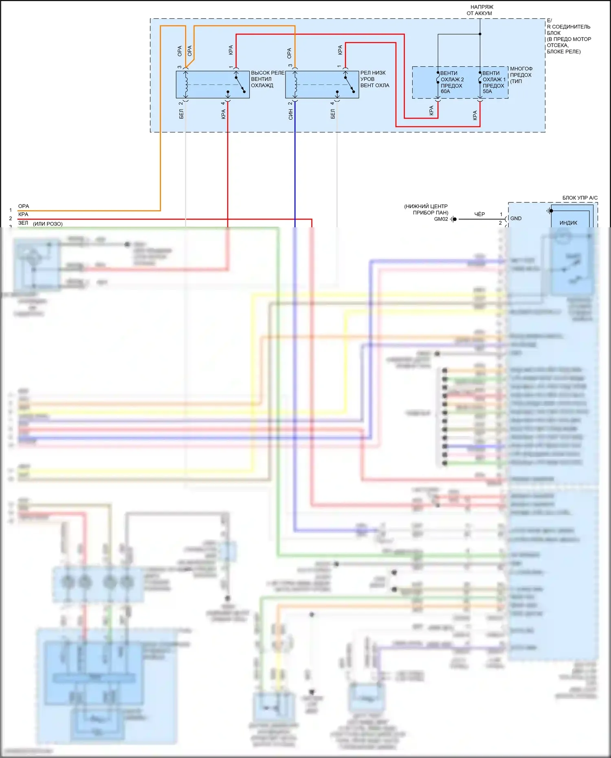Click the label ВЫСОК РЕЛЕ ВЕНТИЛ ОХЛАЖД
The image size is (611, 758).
point(267,79)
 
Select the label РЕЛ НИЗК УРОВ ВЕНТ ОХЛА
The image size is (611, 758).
point(374,79)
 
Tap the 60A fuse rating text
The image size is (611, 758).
point(445,92)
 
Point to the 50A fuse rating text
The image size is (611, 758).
point(487,92)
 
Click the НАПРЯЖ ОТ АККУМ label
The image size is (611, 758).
point(479,10)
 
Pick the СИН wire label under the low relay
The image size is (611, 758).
point(290,115)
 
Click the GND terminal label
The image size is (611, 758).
point(516,218)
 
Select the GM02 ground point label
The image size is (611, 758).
point(441,219)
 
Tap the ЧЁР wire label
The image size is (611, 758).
point(479,214)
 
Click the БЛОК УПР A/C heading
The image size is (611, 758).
point(580,198)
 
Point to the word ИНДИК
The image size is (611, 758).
point(568,223)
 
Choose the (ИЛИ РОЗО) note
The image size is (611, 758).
point(48,224)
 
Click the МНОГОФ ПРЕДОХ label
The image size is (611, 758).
point(521,75)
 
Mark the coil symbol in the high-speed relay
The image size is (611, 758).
point(186,85)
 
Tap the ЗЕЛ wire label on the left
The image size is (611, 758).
point(23,223)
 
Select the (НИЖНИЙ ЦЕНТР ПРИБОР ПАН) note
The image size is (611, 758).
point(426,209)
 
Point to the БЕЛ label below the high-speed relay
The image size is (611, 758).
point(181,114)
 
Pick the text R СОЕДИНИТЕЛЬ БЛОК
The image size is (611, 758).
point(568,30)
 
